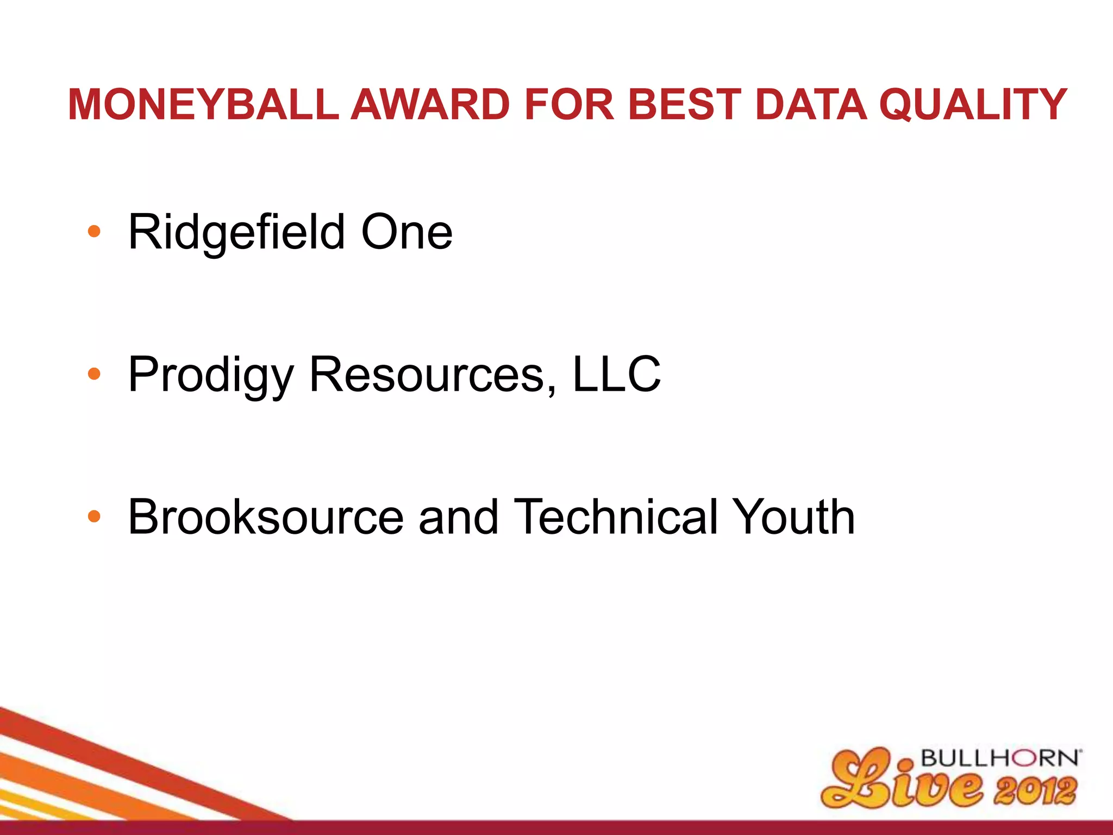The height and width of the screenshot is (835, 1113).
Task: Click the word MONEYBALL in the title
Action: tap(204, 104)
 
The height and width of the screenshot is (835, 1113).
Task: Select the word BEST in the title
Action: tap(686, 104)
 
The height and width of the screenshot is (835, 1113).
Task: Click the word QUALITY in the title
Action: tap(973, 104)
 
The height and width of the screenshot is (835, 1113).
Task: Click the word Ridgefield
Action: tap(236, 233)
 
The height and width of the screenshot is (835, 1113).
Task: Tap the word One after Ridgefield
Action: tap(407, 233)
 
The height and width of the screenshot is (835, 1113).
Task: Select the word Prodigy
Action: tap(211, 375)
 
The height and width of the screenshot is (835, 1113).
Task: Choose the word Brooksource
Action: tap(266, 517)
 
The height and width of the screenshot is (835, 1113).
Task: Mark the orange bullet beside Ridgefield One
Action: tap(94, 232)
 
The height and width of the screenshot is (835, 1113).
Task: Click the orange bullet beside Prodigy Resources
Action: tap(94, 374)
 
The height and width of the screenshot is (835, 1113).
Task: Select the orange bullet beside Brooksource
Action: tap(94, 516)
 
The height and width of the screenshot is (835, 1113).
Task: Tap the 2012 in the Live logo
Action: tap(1035, 791)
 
